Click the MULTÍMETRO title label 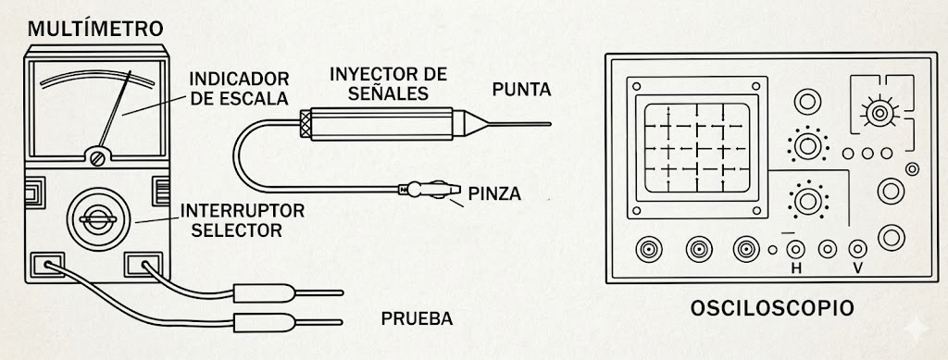pos(95,29)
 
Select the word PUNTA pos(521,90)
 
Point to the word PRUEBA pos(417,320)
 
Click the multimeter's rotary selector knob pos(97,218)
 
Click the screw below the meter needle pos(97,158)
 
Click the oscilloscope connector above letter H pos(794,249)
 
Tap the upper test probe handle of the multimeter pos(268,297)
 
